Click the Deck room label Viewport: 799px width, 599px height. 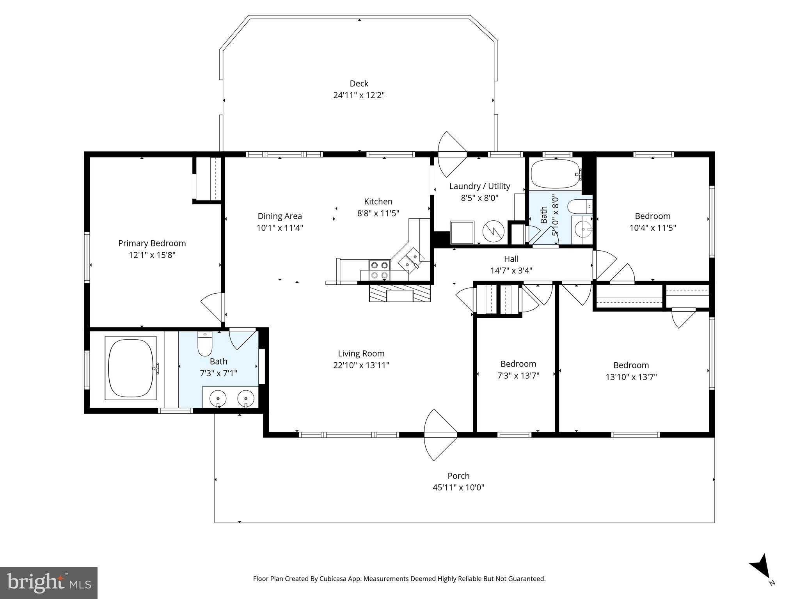(x=359, y=83)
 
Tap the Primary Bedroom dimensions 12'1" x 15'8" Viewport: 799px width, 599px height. (x=152, y=255)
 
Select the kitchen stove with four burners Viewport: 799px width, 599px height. (x=380, y=270)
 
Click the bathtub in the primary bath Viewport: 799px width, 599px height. (x=131, y=368)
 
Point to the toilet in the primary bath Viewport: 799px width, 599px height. (x=204, y=344)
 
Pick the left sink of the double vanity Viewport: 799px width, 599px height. (x=218, y=399)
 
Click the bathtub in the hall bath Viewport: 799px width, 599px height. (x=554, y=174)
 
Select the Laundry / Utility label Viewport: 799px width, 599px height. (x=479, y=186)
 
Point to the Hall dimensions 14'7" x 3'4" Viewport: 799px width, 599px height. (x=511, y=271)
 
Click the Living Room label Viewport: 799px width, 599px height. (x=361, y=354)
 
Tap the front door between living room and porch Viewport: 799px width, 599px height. (x=440, y=434)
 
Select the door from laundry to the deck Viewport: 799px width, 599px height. (x=452, y=154)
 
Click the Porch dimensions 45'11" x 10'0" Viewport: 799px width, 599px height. (x=458, y=487)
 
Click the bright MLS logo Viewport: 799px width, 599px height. (x=49, y=583)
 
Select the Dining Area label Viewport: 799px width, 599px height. (x=280, y=216)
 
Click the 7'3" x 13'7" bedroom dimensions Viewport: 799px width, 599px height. (x=518, y=376)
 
